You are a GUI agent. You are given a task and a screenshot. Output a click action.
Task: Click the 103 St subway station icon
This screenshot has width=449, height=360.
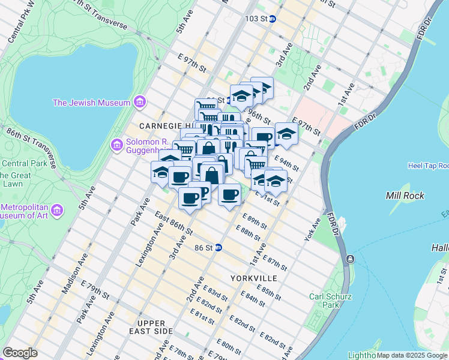point(272,19)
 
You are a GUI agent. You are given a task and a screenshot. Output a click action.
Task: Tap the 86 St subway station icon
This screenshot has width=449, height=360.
point(218,247)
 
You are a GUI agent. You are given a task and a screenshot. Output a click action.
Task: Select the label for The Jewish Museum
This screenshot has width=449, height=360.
point(91,103)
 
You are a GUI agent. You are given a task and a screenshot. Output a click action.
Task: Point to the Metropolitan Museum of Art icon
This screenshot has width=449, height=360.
point(58,211)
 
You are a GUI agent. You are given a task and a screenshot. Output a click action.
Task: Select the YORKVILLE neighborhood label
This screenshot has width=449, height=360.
point(254,278)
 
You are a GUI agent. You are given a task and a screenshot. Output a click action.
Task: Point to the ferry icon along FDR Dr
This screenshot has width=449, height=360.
point(350,259)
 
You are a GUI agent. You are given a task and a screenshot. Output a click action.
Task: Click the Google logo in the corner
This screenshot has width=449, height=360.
point(20,353)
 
